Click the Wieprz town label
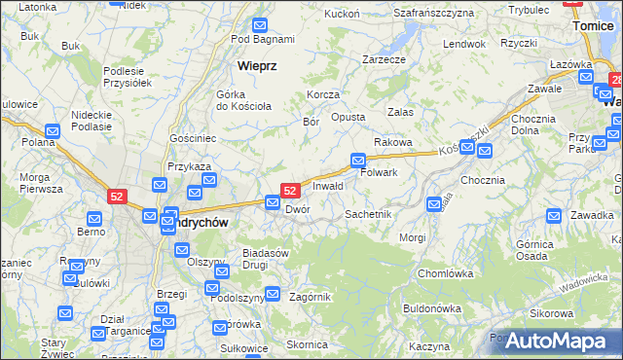(x=257, y=67)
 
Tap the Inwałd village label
(x=328, y=186)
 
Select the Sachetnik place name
(x=368, y=214)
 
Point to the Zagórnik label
(x=311, y=297)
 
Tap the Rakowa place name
(x=393, y=142)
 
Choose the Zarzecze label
(x=384, y=59)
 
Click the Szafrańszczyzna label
(x=433, y=13)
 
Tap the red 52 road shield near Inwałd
(x=289, y=191)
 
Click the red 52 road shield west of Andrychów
(x=118, y=197)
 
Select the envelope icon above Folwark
(x=358, y=160)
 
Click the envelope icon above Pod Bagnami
(x=261, y=25)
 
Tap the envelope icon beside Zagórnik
(x=274, y=294)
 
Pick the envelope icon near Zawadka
(x=554, y=215)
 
